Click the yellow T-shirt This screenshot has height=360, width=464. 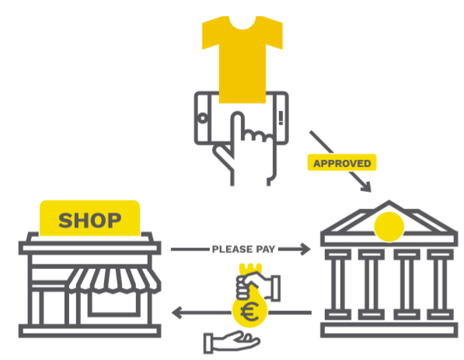coord(242,59)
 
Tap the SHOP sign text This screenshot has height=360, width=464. coord(90,221)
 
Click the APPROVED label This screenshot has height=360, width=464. coord(342,163)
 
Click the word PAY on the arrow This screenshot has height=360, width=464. coord(266,250)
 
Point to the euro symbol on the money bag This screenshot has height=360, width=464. coord(249,312)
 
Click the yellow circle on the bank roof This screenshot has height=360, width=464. coord(389,226)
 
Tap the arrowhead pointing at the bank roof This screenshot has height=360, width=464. coord(366,187)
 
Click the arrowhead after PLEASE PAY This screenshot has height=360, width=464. coord(305,249)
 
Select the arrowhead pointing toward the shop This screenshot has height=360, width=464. coord(177,313)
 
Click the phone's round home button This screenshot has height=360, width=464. coord(203,118)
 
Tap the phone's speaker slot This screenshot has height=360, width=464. coord(281,118)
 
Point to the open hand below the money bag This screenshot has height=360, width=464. coord(232,342)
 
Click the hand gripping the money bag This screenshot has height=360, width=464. coord(258,286)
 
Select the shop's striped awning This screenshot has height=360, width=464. coord(114,280)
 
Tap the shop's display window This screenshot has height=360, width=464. coord(114,303)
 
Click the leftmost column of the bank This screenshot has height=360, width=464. coord(338,285)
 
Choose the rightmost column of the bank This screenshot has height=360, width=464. coord(441,285)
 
